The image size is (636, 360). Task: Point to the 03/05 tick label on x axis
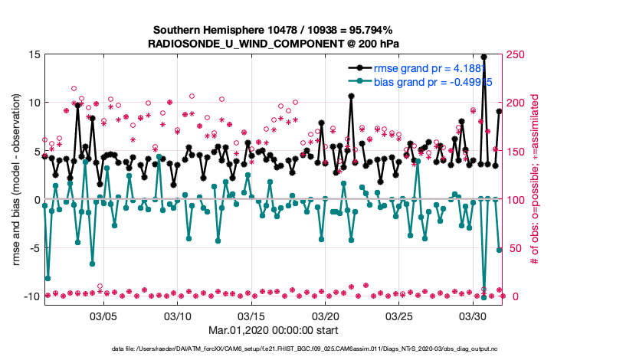click(x=103, y=316)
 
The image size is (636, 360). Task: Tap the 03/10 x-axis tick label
click(x=178, y=316)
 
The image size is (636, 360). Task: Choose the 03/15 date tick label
click(x=251, y=316)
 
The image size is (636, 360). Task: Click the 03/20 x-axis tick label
click(x=325, y=316)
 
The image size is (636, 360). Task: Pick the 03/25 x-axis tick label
click(x=399, y=316)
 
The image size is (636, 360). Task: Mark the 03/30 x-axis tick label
click(x=473, y=316)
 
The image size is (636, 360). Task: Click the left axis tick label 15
click(x=34, y=55)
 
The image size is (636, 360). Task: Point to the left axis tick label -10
click(x=31, y=296)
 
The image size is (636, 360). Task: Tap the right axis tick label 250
click(x=518, y=55)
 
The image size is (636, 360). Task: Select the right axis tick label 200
click(x=518, y=103)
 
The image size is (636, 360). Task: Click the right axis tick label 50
click(x=515, y=248)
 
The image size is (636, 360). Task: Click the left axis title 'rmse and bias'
click(x=17, y=179)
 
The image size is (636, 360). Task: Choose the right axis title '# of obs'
click(x=535, y=179)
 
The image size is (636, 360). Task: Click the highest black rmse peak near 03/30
click(x=484, y=57)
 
